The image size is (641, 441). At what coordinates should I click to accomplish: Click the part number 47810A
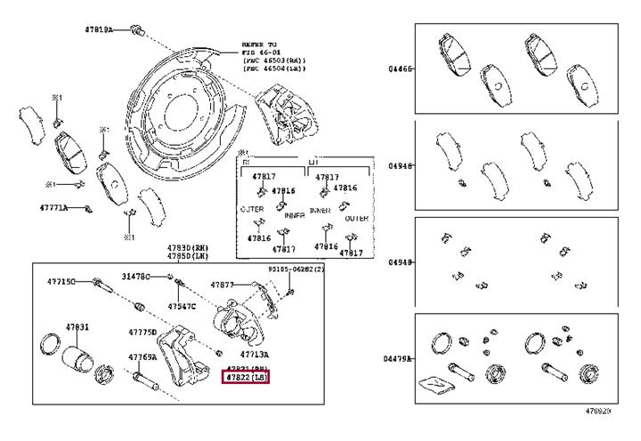click(x=98, y=29)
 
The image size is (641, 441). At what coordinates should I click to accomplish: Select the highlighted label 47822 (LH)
click(x=245, y=378)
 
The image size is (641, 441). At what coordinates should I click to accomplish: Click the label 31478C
click(x=136, y=277)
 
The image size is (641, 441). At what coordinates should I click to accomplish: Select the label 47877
click(x=223, y=285)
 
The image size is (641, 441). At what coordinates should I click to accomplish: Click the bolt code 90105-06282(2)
click(x=297, y=268)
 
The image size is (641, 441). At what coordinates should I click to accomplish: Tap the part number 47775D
click(x=143, y=332)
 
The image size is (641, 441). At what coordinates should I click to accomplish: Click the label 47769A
click(x=142, y=357)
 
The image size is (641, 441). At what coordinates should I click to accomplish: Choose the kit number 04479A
click(x=400, y=358)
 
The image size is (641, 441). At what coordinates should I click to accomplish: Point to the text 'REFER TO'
click(x=260, y=44)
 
